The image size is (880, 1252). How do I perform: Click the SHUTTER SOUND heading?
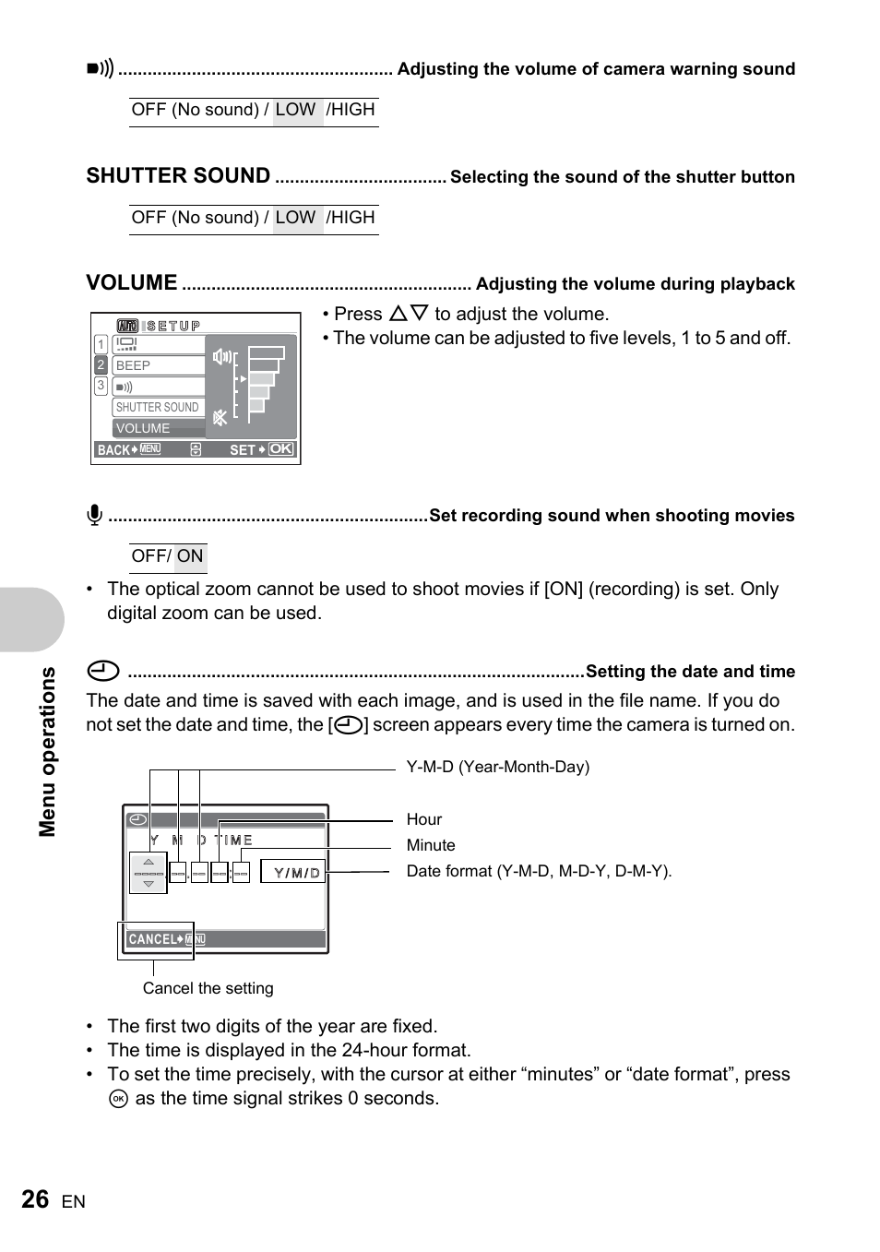pos(178,176)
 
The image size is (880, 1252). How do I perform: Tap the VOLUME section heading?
pos(132,283)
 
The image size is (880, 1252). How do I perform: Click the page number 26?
pos(35,1199)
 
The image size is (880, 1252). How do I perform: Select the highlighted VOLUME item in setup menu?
pos(158,428)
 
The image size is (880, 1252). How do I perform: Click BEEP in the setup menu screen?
pos(158,365)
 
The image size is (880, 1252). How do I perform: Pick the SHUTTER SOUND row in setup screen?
pos(158,407)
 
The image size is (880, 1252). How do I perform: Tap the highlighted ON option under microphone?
pos(190,556)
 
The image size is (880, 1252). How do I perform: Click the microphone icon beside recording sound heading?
pos(94,515)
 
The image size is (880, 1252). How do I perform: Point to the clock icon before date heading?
pos(103,671)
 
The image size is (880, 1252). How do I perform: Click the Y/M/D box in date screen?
pos(294,872)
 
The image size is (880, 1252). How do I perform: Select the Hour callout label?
pos(423,819)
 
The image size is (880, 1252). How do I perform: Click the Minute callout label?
pos(431,845)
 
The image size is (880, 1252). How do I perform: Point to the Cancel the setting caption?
pos(208,988)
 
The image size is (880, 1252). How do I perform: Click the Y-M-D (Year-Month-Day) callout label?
pos(497,767)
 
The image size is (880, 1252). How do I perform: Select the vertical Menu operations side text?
pos(48,751)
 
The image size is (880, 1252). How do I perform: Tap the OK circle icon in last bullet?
pos(118,1099)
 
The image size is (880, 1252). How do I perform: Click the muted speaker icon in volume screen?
pos(220,418)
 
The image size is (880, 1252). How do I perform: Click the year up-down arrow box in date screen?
pos(149,873)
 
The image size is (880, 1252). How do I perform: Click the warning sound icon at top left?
pos(100,68)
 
